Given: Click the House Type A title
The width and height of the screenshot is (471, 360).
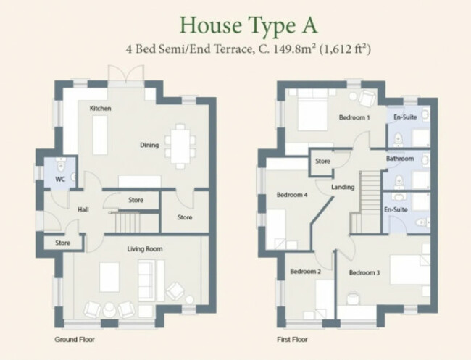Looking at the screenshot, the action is [x=249, y=26].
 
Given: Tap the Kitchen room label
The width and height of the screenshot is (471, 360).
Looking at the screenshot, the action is [x=100, y=108].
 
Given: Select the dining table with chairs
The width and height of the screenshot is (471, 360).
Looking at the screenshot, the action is [x=180, y=146].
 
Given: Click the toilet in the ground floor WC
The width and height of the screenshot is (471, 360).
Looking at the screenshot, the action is [x=61, y=165].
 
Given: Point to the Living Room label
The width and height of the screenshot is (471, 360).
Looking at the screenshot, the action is [x=145, y=249].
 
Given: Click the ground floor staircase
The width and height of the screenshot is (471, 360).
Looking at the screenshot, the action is [x=128, y=222].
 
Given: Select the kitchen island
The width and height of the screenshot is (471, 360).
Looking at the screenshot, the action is [x=100, y=135].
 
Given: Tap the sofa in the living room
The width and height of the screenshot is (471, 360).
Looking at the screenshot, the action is [x=151, y=280].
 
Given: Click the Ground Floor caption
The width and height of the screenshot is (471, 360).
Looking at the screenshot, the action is [x=75, y=339].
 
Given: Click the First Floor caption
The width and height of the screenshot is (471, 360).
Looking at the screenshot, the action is [x=292, y=339].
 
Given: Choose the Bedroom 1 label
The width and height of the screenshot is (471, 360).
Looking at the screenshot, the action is [x=354, y=117].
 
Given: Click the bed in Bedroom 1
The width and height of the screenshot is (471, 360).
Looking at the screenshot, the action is [x=312, y=110].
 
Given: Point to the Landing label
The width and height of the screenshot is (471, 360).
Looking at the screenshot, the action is [x=343, y=187].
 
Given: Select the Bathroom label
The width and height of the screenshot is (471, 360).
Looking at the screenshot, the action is [x=400, y=158].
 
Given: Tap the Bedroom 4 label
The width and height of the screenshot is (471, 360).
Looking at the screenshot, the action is [x=292, y=195].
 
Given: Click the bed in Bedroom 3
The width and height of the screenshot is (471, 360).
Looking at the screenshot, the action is [x=410, y=269].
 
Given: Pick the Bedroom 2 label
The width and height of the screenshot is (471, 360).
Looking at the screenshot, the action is [x=305, y=272].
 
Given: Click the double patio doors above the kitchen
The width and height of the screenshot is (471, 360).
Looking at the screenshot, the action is [x=126, y=75].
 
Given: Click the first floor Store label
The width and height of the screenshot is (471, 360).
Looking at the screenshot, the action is [x=322, y=162].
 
